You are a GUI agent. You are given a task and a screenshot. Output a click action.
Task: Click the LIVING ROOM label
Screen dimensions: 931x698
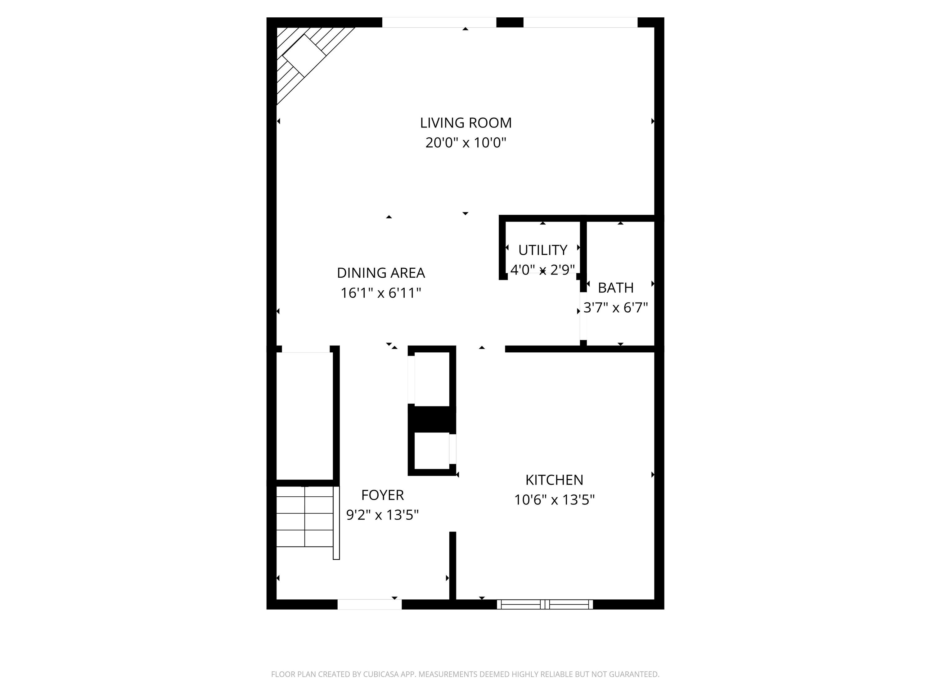click(x=465, y=123)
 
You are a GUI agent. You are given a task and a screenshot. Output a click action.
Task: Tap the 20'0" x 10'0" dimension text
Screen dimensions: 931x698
click(x=465, y=143)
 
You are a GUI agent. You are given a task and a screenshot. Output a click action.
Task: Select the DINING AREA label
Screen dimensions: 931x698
click(x=381, y=273)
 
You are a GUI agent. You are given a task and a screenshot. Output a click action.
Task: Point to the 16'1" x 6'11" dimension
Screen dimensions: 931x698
click(x=381, y=293)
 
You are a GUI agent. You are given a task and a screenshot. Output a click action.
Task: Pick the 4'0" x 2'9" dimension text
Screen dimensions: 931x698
click(x=542, y=270)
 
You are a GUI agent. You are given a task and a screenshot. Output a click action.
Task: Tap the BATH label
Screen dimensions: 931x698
click(x=616, y=288)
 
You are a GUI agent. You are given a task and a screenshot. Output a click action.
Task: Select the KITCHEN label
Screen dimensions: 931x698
click(x=554, y=480)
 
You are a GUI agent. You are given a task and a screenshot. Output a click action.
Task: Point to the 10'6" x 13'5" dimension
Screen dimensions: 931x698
click(x=554, y=500)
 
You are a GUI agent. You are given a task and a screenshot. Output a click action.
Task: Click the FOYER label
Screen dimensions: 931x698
click(x=383, y=495)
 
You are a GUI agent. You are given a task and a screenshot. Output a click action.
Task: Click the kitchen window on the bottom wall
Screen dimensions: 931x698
click(x=545, y=605)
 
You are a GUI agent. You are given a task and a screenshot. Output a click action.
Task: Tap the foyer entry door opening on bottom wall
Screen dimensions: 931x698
click(x=370, y=605)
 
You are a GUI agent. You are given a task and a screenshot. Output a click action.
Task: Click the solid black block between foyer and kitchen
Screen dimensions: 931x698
click(x=432, y=419)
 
